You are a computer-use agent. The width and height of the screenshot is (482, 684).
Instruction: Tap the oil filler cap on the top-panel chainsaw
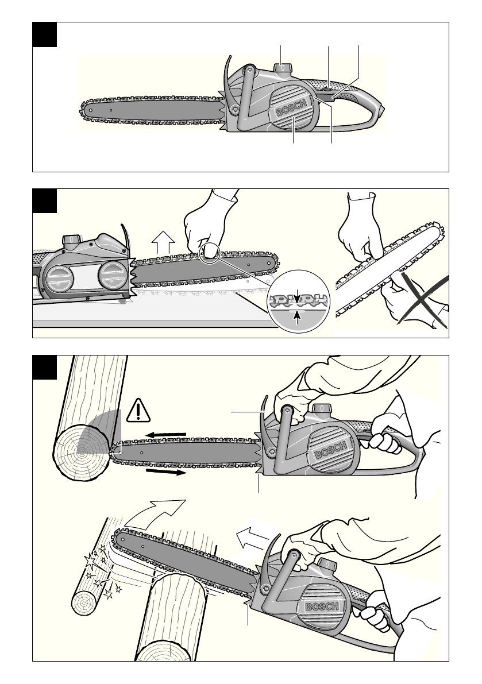[283, 68]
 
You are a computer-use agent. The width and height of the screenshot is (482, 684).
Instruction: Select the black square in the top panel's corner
[44, 34]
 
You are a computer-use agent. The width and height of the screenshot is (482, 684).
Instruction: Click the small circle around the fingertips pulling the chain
[210, 253]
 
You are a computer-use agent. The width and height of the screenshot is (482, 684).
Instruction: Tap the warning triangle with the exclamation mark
[138, 411]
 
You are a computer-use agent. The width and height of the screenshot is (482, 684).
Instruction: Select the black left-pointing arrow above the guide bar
[166, 435]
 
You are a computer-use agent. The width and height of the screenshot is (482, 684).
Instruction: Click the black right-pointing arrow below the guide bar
[166, 472]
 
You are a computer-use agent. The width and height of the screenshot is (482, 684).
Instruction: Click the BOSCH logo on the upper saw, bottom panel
[331, 449]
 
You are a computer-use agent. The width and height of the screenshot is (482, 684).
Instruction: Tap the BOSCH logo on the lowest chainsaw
[322, 607]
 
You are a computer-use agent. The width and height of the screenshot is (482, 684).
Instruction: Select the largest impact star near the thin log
[90, 560]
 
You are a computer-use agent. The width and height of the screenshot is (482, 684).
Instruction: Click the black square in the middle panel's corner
[44, 200]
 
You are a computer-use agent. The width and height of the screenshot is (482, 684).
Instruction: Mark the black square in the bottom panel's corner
[44, 368]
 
